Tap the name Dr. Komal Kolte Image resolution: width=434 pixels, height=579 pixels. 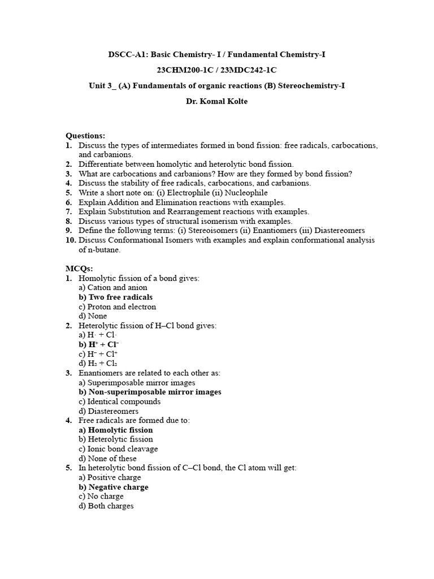click(217, 102)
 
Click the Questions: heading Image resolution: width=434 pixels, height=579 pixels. click(85, 136)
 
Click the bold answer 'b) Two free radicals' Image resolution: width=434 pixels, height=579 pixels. click(116, 297)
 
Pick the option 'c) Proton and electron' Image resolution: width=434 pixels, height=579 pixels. click(118, 306)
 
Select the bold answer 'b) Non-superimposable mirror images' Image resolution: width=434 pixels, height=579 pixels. click(150, 392)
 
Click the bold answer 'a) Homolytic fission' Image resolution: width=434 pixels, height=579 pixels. click(116, 430)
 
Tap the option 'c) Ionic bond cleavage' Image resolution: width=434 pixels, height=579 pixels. click(119, 449)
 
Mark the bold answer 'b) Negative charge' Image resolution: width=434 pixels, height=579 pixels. click(114, 487)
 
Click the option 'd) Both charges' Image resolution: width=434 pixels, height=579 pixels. click(106, 506)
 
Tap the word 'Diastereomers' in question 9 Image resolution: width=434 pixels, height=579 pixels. click(338, 231)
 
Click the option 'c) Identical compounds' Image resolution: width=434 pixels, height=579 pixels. click(120, 401)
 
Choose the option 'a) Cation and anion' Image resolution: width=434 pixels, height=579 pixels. click(113, 288)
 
